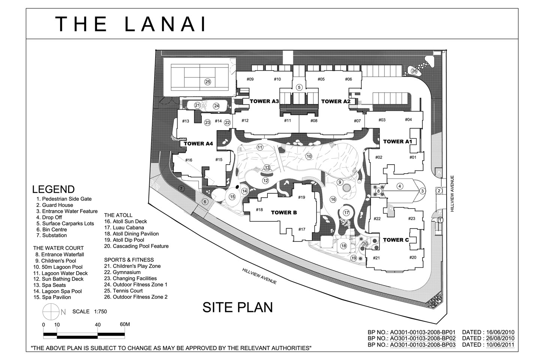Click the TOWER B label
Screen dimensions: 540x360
[x=284, y=212]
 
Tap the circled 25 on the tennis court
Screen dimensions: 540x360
[x=208, y=82]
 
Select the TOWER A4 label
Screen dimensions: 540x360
[x=198, y=144]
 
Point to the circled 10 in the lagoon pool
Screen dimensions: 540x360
[x=309, y=156]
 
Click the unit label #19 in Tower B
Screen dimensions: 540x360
[x=301, y=197]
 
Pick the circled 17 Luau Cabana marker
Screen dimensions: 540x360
[x=346, y=213]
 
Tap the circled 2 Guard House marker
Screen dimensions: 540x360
[x=439, y=191]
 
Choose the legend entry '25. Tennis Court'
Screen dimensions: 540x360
[x=123, y=291]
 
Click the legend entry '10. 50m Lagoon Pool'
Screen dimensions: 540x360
[x=58, y=267]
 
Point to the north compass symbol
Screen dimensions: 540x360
[x=51, y=312]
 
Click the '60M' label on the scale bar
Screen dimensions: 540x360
[x=125, y=324]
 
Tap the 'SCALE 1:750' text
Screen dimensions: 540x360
[x=90, y=312]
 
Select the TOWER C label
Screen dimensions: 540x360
[x=396, y=240]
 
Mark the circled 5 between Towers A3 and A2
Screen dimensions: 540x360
[x=299, y=87]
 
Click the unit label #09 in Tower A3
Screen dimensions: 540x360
[x=250, y=79]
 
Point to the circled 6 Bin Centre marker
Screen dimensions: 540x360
[x=205, y=202]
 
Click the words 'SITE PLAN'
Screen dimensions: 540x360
[x=238, y=307]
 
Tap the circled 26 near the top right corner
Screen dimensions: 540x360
[x=414, y=71]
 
